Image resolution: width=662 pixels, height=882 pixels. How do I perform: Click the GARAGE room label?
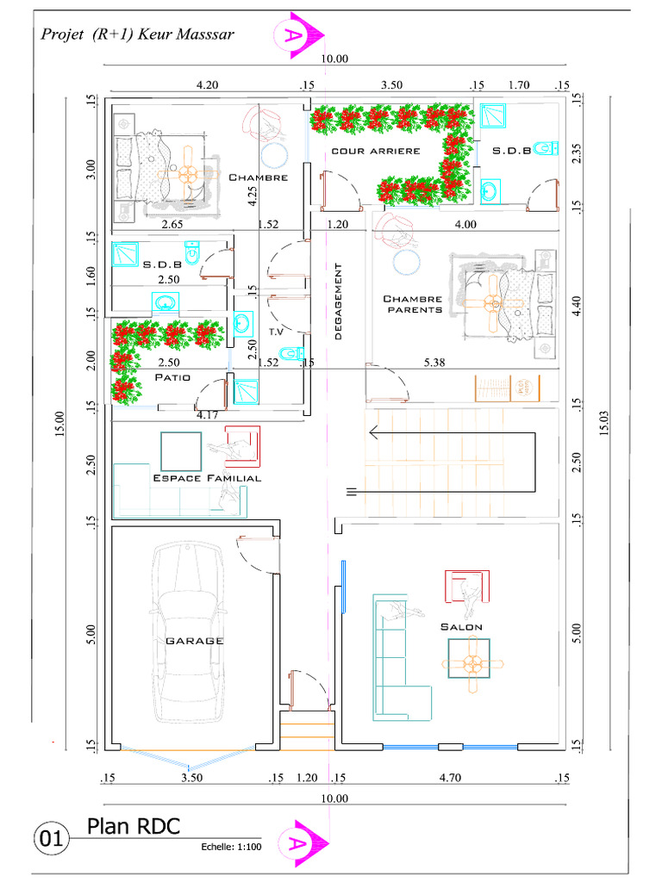[x=194, y=641]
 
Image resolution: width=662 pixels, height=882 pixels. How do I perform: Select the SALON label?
[x=461, y=627]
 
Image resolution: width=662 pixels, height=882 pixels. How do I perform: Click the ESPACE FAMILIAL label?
[x=207, y=478]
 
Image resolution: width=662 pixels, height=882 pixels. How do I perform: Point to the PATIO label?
[x=172, y=377]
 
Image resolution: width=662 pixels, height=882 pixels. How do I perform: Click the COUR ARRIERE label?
[x=376, y=151]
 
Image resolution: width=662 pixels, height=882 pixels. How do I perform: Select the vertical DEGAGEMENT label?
[x=338, y=301]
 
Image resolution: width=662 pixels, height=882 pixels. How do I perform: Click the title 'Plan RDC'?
[x=134, y=826]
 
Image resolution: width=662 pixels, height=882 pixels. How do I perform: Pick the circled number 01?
[x=51, y=839]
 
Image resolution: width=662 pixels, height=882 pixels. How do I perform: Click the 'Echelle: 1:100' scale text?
[x=231, y=847]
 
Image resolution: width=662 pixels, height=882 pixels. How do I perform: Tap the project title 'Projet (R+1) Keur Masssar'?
[x=137, y=34]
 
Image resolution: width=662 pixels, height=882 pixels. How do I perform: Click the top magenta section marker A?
[x=298, y=35]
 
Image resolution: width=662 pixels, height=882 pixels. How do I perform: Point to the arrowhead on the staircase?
[x=373, y=433]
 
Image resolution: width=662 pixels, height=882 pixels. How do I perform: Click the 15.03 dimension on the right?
[x=604, y=423]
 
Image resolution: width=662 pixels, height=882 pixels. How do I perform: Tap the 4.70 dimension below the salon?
[x=450, y=778]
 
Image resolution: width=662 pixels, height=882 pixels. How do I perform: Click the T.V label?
[x=276, y=332]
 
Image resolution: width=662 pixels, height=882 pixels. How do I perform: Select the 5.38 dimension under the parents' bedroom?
[x=434, y=363]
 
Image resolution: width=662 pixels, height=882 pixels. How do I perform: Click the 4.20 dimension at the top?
[x=207, y=85]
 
